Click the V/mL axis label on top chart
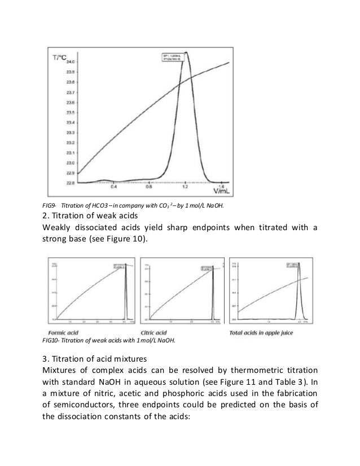(x=223, y=192)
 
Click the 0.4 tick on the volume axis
(x=113, y=187)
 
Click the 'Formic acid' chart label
(x=60, y=333)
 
